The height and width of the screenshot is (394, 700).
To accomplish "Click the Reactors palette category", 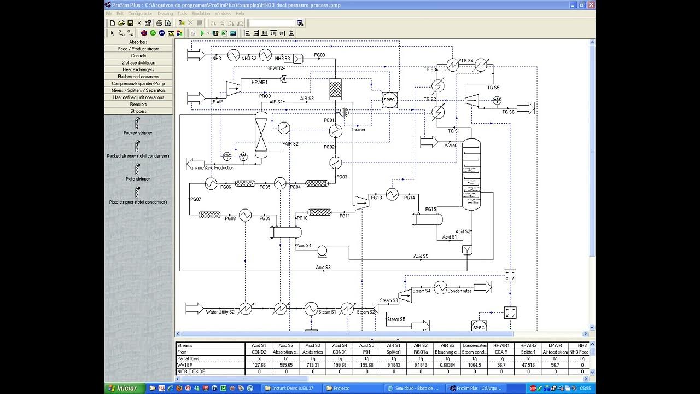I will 138,104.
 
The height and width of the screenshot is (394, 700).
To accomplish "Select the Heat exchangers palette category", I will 138,69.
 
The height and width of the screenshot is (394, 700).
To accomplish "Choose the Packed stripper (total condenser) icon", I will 137,147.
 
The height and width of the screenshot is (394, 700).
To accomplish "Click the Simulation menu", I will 201,13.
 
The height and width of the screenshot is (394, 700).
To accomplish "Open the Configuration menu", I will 141,13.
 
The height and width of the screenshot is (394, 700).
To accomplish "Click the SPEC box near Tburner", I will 389,100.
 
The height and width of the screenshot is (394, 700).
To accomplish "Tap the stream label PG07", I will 195,199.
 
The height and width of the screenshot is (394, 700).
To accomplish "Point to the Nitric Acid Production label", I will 215,168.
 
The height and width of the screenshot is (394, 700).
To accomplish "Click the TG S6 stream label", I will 508,112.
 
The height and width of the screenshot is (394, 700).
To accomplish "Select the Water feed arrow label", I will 450,146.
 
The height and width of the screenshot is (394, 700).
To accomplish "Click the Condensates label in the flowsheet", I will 459,291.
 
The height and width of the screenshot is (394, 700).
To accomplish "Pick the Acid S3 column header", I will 313,345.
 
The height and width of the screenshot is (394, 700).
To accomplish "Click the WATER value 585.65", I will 286,365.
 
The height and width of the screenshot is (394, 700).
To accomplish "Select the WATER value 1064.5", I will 474,365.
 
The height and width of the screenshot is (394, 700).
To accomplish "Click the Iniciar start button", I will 124,388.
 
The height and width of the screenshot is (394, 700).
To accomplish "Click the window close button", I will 591,5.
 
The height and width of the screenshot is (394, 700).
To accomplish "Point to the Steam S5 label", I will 396,320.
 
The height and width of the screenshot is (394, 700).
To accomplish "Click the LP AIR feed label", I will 217,102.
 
